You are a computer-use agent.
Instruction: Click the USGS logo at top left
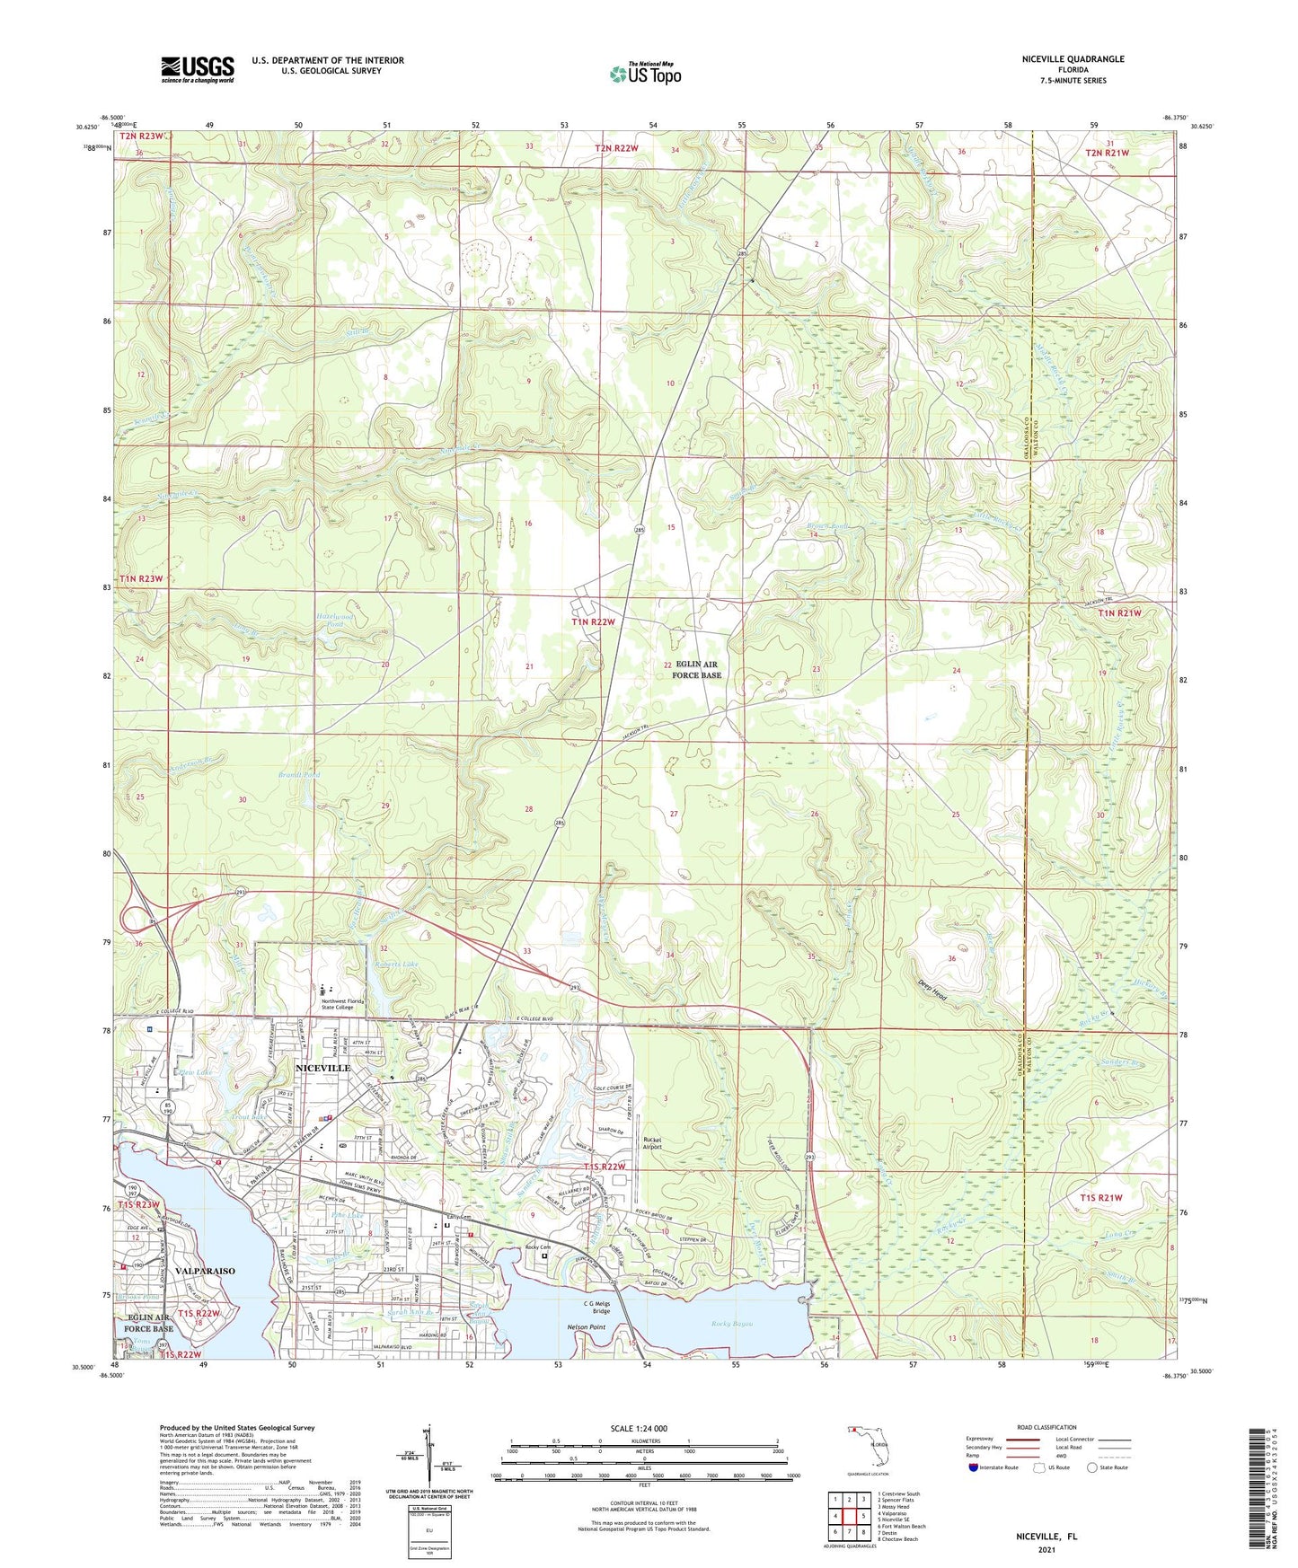[x=198, y=68]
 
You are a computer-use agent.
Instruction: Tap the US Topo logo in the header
[x=644, y=73]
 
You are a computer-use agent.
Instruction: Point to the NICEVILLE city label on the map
[x=322, y=1068]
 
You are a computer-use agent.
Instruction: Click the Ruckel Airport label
[x=653, y=1142]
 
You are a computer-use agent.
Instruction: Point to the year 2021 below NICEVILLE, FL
[x=1046, y=1550]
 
